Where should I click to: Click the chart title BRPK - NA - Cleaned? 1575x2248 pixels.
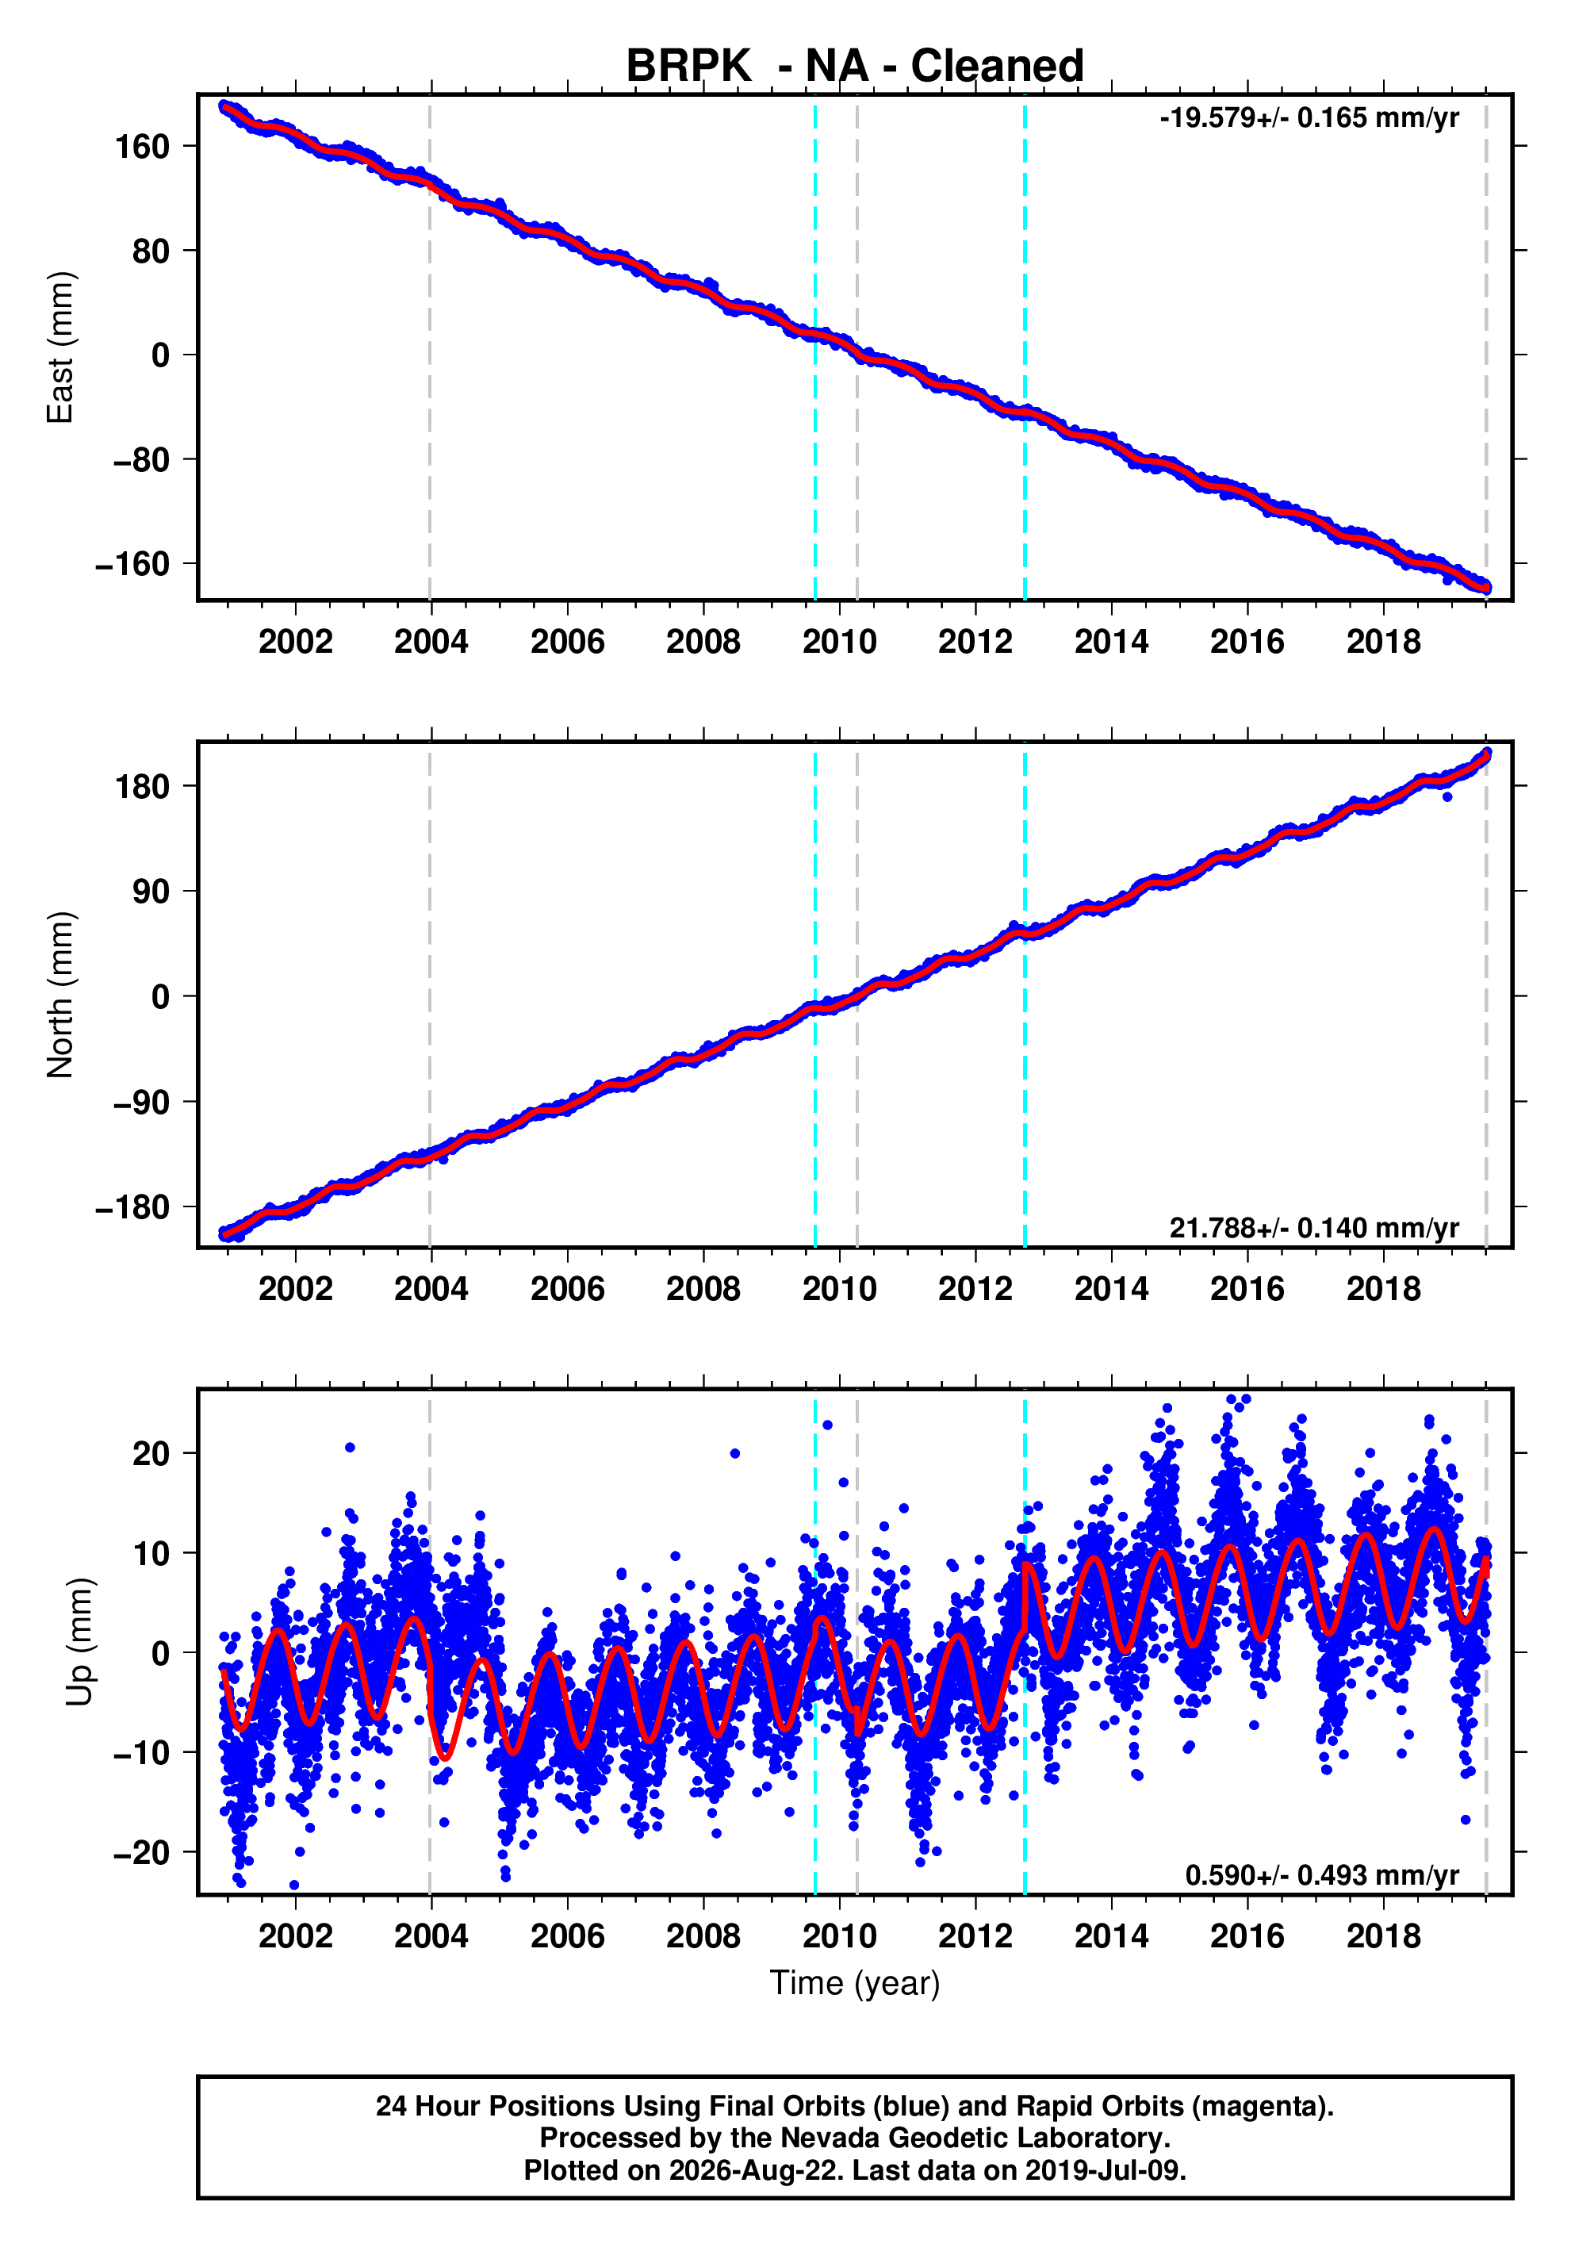855,67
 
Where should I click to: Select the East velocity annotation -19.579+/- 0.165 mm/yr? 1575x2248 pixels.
1309,118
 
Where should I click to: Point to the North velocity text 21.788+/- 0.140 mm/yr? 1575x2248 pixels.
1313,1228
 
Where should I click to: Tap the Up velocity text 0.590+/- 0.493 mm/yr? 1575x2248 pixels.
1321,1875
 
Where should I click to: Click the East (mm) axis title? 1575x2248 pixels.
61,347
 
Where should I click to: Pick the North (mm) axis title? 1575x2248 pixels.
61,995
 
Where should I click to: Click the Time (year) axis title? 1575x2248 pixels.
855,1982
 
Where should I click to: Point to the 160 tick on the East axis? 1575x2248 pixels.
143,147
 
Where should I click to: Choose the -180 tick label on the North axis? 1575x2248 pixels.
133,1207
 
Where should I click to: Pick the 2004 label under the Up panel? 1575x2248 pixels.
431,1935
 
